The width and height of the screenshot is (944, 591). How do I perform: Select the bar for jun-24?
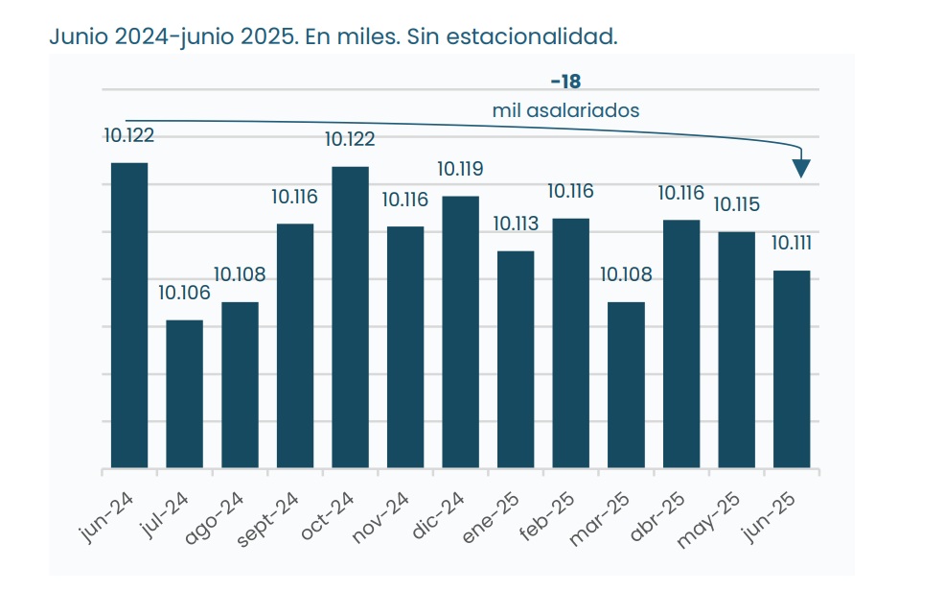pyautogui.click(x=129, y=316)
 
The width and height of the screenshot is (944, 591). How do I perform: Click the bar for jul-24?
pyautogui.click(x=184, y=394)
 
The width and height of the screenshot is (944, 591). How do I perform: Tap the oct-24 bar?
pyautogui.click(x=350, y=318)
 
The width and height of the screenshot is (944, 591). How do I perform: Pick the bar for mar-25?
pyautogui.click(x=626, y=386)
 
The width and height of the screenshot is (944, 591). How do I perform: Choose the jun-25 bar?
pyautogui.click(x=792, y=369)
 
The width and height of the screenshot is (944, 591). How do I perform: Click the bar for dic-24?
pyautogui.click(x=460, y=332)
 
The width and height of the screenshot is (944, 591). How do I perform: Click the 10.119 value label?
pyautogui.click(x=460, y=169)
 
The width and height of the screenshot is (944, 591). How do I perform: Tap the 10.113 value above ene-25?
pyautogui.click(x=516, y=224)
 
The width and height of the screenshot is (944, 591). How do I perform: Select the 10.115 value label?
pyautogui.click(x=736, y=204)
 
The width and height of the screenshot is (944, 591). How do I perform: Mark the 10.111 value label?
pyautogui.click(x=792, y=243)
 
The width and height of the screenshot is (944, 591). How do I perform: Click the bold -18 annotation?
pyautogui.click(x=565, y=82)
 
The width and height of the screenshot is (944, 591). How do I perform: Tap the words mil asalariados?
pyautogui.click(x=565, y=110)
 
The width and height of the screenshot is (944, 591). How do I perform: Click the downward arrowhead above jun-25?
pyautogui.click(x=801, y=169)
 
